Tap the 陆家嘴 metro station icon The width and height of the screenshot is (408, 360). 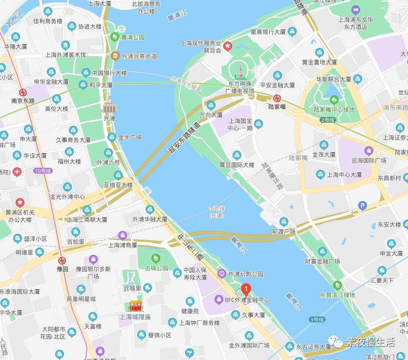[277, 97]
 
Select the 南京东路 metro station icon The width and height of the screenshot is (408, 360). [23, 92]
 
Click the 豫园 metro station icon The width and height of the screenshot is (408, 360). [62, 260]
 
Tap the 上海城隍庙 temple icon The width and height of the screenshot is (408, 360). [135, 306]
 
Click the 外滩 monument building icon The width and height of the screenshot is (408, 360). [109, 106]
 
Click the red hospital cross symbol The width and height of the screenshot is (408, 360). [17, 172]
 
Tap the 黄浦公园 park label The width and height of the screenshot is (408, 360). [133, 37]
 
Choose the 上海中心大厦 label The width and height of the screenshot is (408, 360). [344, 174]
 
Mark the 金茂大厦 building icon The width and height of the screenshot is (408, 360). [323, 145]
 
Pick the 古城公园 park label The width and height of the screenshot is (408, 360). [156, 268]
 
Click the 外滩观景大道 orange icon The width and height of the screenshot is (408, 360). [115, 56]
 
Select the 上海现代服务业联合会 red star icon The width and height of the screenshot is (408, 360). [228, 45]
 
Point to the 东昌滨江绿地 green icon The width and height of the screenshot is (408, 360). [337, 285]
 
